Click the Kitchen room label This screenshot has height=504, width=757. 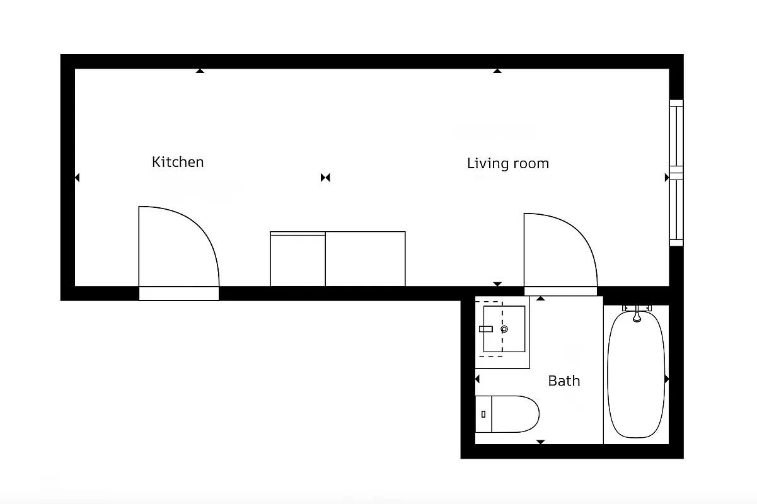178,162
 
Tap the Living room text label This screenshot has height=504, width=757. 507,164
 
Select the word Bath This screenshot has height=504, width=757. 563,381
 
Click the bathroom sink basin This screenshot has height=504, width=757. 504,329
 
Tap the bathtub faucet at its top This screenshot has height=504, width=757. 637,313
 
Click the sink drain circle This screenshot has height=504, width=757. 504,329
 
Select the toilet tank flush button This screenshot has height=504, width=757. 483,414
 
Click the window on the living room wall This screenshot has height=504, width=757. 676,173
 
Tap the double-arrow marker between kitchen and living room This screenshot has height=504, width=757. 325,178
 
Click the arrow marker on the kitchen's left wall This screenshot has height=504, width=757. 77,178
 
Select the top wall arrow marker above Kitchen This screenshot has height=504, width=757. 200,71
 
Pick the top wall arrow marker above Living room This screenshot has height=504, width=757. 497,71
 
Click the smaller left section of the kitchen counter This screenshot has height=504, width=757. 298,260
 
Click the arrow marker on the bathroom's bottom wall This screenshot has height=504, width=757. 540,442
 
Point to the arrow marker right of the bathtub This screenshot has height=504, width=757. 666,379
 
